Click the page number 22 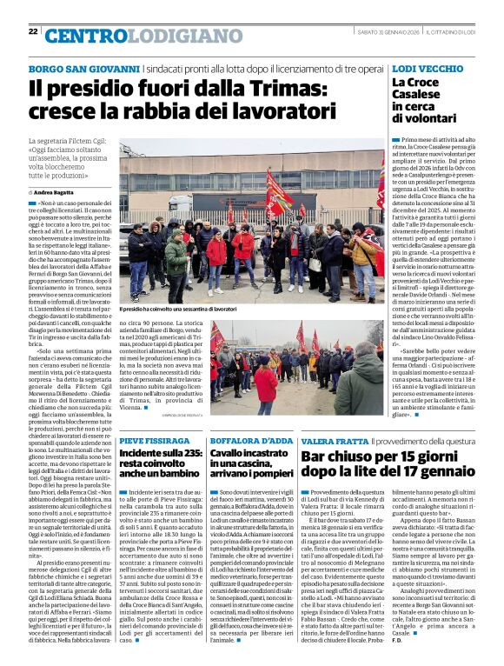coord(33,32)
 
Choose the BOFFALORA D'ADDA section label coord(247,442)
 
